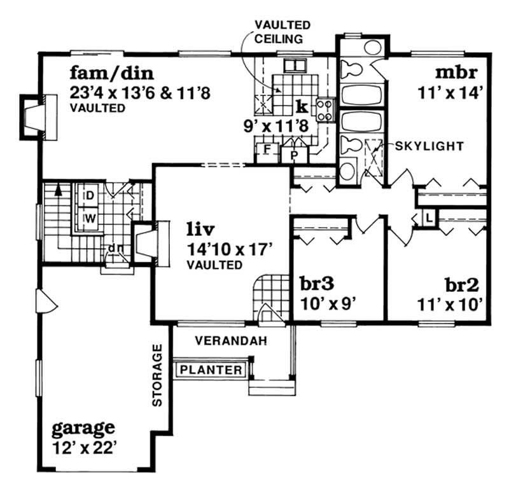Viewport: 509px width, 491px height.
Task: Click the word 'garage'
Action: coord(84,425)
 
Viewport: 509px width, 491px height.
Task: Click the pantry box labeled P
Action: coord(295,154)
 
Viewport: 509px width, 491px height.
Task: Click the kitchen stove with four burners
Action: coord(324,109)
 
